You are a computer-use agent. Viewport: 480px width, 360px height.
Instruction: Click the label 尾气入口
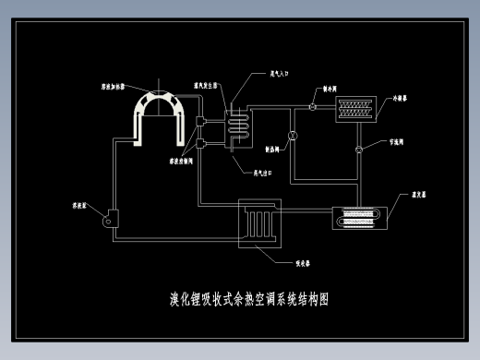point(280,71)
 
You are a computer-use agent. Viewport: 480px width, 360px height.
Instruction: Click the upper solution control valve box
point(204,121)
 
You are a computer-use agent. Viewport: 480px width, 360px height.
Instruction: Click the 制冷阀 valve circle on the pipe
point(313,107)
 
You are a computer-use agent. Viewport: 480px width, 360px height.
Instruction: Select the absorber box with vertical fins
point(258,222)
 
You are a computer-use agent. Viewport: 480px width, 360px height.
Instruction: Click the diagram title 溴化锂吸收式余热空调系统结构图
point(249,299)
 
